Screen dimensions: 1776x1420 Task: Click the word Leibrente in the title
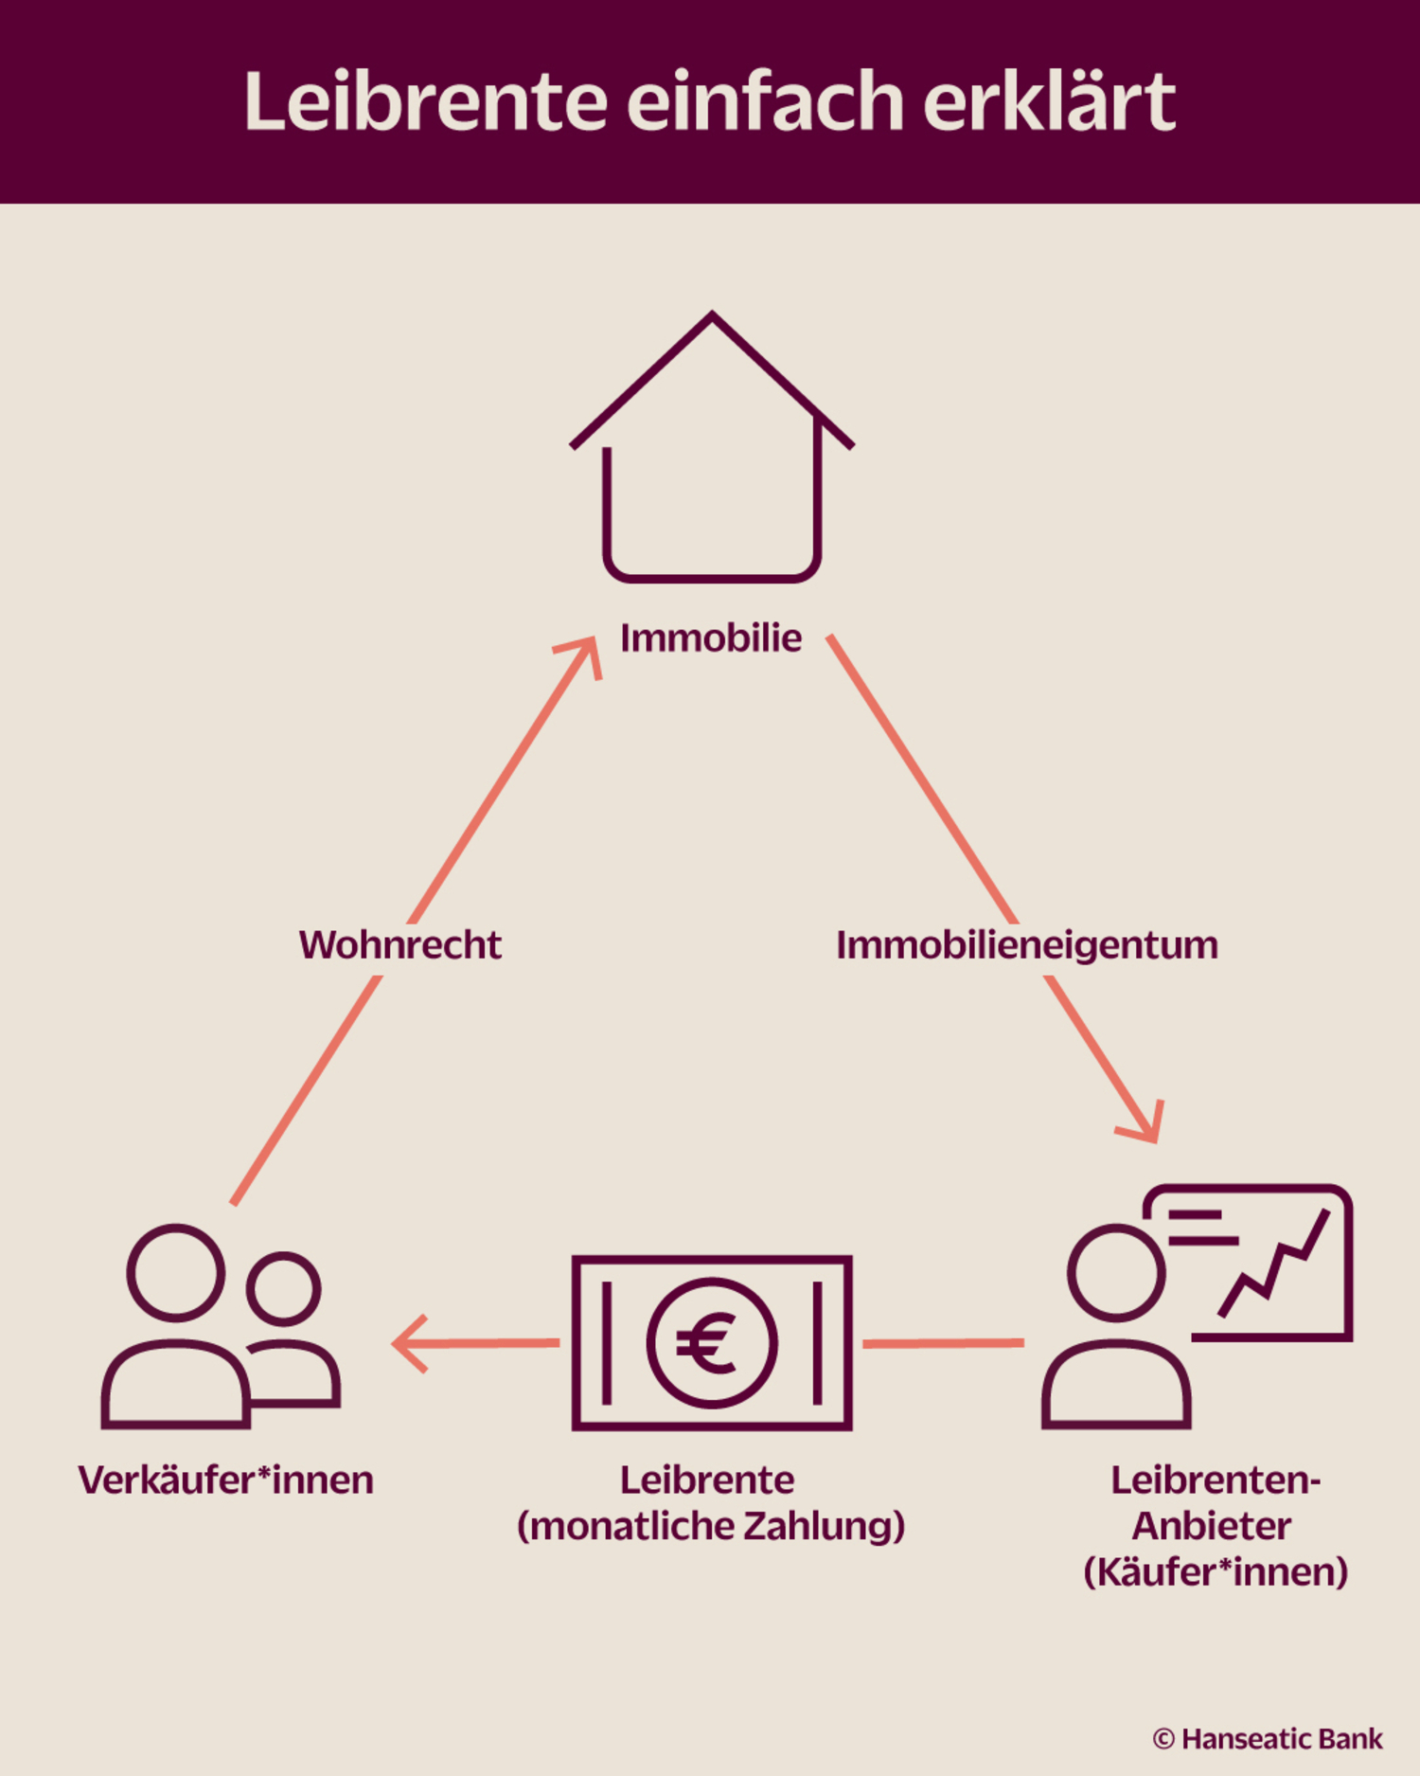425,101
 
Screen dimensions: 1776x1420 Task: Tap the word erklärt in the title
1049,101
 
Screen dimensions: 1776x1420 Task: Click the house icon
712,450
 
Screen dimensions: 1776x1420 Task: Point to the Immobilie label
711,638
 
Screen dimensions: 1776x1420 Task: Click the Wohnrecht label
399,945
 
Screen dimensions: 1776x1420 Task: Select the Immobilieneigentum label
1027,945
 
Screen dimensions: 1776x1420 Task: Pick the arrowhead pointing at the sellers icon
409,1343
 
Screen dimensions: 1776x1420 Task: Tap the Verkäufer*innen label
226,1480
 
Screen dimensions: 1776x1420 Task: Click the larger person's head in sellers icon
176,1272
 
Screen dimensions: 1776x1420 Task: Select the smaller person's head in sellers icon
283,1288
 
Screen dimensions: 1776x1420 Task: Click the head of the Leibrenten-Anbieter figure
1116,1272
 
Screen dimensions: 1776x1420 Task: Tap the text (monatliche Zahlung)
711,1527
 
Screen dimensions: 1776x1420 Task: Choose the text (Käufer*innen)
1216,1572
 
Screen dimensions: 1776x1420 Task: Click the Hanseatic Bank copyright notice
1268,1739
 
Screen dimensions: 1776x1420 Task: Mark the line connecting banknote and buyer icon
943,1343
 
